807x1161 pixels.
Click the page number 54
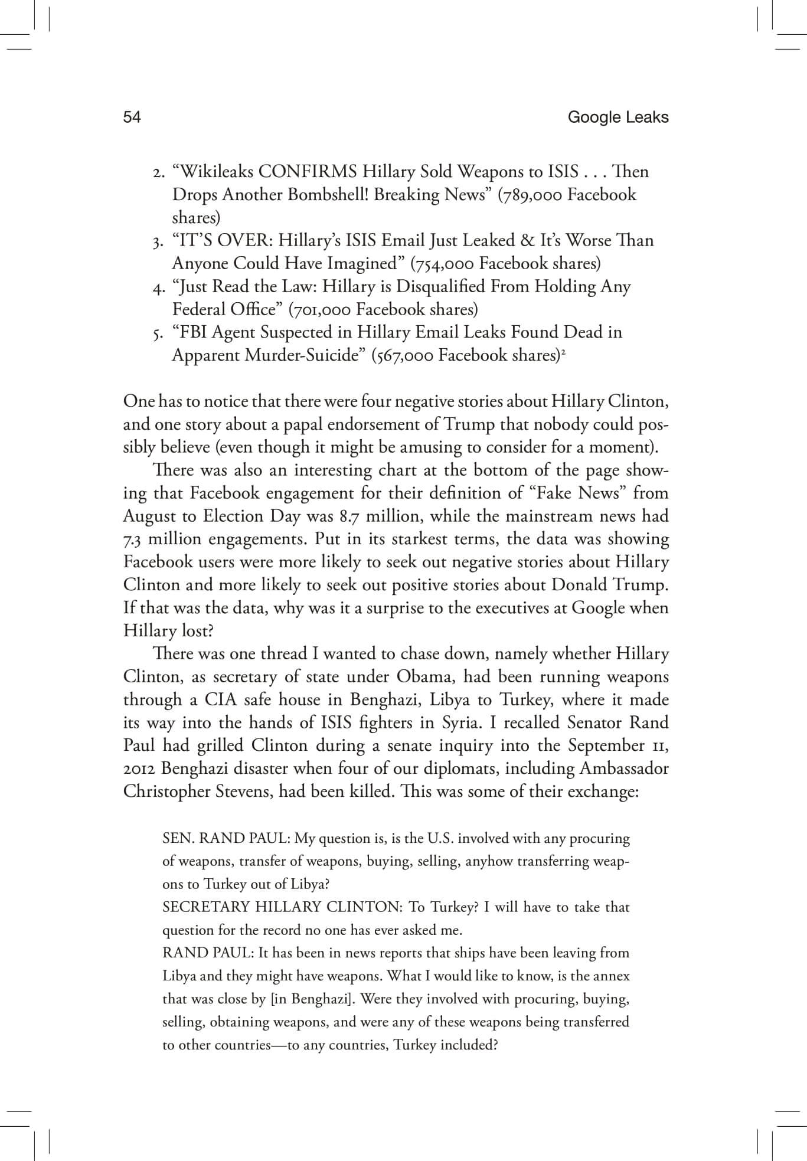tap(132, 117)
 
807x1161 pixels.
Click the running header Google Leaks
tap(617, 117)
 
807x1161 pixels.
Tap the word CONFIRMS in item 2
tap(308, 172)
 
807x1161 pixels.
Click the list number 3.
tap(156, 242)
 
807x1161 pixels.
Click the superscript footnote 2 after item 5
tap(564, 352)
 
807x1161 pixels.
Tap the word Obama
tap(420, 676)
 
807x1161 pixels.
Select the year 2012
tap(140, 768)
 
